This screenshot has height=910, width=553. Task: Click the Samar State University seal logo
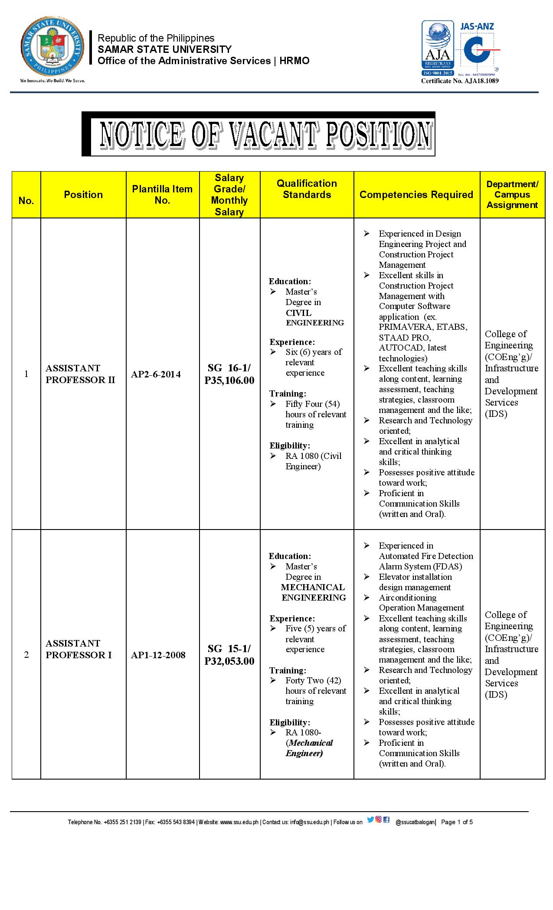tap(52, 49)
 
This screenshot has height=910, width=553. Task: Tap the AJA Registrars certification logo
tap(438, 49)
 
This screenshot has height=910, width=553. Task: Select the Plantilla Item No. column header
tap(162, 195)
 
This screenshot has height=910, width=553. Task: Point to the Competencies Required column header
tap(416, 195)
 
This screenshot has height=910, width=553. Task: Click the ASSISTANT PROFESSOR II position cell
tap(80, 374)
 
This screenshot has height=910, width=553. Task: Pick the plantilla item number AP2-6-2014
tap(156, 374)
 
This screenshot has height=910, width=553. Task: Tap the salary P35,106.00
tap(229, 380)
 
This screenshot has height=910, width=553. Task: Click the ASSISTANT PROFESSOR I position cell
tap(79, 649)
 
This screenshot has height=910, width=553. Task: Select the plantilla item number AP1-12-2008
tap(158, 655)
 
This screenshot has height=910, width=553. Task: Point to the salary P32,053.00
tap(229, 661)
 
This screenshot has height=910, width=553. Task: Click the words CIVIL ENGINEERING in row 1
tap(314, 318)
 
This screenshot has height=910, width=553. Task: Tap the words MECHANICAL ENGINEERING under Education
tap(313, 592)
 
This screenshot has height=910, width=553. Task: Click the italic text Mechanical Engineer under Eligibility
tap(309, 748)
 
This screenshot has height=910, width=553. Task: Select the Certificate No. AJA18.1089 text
tap(460, 81)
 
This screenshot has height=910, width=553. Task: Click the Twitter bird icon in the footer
tap(370, 819)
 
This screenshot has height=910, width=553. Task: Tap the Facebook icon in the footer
tap(386, 819)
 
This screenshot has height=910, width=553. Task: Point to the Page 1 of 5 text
tap(457, 822)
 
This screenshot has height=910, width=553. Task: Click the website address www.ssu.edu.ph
tap(239, 822)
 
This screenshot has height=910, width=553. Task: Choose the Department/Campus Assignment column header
tap(512, 195)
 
